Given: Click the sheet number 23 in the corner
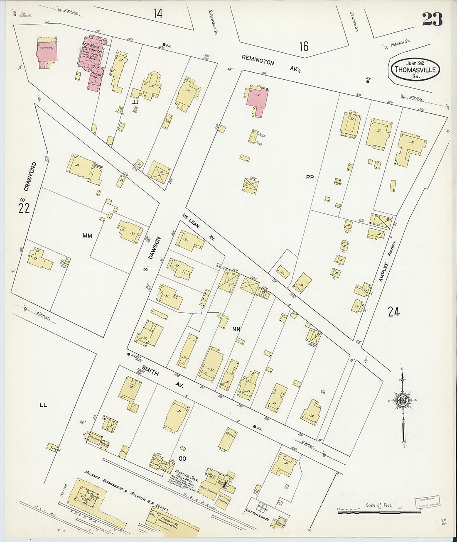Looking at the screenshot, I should click(432, 19).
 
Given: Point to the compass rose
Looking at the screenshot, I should click(403, 400).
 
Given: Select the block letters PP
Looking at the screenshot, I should click(310, 177).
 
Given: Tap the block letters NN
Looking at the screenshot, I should click(236, 329).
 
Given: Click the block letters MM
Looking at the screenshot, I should click(87, 236).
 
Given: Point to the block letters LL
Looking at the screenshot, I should click(43, 402).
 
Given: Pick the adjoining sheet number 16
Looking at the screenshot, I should click(304, 46).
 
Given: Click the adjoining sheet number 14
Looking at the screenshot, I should click(157, 14).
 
